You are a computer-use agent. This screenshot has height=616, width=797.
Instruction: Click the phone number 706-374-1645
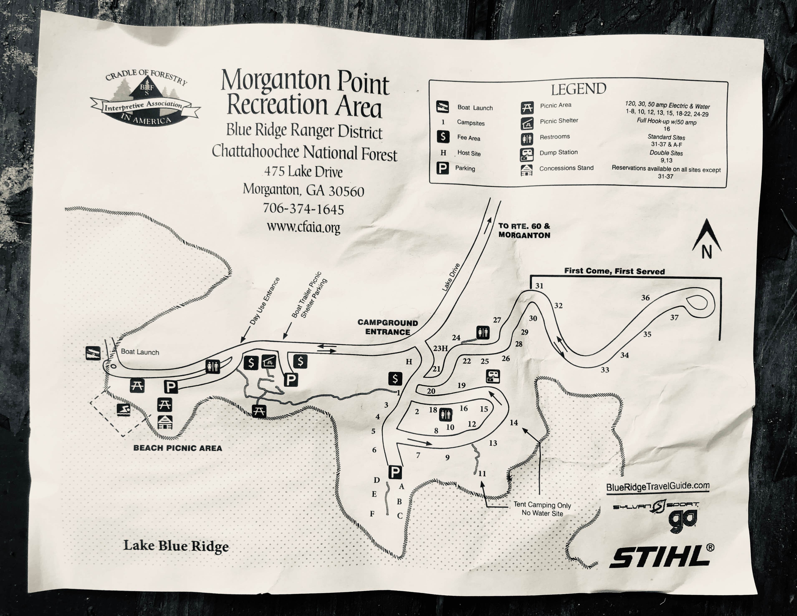(x=303, y=209)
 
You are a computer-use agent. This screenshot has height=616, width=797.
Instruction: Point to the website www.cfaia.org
(x=303, y=227)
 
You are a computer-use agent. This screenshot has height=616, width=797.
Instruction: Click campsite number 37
(x=674, y=318)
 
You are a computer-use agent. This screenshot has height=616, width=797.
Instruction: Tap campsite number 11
(x=482, y=474)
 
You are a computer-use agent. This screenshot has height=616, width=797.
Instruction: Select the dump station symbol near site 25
(x=493, y=376)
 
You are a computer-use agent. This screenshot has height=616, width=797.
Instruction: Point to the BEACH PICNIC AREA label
(x=178, y=448)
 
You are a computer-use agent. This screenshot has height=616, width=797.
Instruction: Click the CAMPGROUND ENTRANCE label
(x=388, y=327)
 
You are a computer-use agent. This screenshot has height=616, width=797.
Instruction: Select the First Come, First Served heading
(x=614, y=271)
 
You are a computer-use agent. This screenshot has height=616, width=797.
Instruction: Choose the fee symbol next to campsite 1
(x=395, y=379)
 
